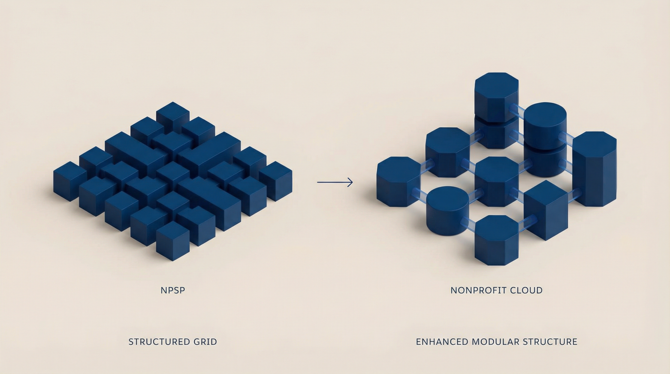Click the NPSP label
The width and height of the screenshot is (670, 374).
pyautogui.click(x=173, y=290)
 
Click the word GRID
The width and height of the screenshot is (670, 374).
pyautogui.click(x=205, y=342)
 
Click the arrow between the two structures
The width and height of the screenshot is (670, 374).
pyautogui.click(x=335, y=182)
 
